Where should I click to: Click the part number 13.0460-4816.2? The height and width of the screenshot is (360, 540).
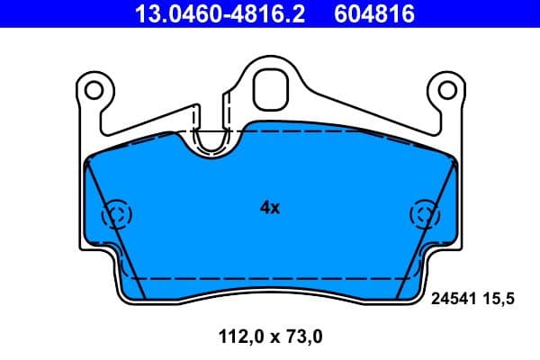[x=206, y=13]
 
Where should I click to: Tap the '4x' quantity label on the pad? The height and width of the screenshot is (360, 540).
[x=270, y=208]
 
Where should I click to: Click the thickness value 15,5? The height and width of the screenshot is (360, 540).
[x=499, y=302]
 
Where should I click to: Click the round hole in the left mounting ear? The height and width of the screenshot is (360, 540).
[x=94, y=89]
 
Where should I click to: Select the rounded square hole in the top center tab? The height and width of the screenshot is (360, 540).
[x=269, y=87]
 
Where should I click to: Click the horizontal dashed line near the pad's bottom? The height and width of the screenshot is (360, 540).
[x=270, y=278]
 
